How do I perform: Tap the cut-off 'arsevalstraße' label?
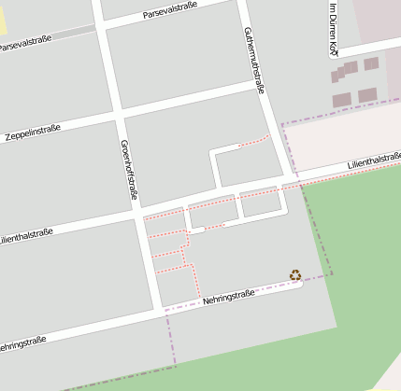[x=25, y=41]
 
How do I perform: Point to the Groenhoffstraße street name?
[x=129, y=170]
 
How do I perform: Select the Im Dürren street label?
[x=333, y=28]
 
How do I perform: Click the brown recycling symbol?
[x=295, y=274]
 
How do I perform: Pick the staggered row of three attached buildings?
[x=344, y=69]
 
